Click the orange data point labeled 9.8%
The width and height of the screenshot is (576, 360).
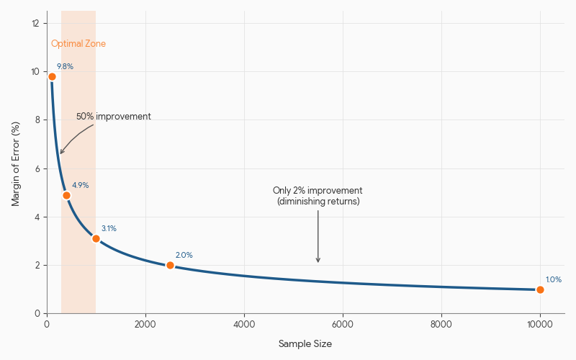(x=52, y=76)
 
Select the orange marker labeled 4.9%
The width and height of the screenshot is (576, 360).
(x=66, y=195)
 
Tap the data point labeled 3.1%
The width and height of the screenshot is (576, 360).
(x=96, y=238)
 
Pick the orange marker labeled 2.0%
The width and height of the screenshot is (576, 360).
(x=170, y=265)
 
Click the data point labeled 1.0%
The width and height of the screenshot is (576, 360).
(x=540, y=289)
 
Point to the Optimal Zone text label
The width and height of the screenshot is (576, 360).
(x=78, y=44)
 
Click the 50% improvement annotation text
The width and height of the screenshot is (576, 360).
(x=114, y=117)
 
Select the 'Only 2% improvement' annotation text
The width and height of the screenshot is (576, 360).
(x=318, y=191)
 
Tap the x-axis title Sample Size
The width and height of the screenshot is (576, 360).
(x=305, y=344)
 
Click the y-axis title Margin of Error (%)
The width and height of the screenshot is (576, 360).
(x=16, y=163)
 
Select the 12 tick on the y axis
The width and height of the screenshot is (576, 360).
(x=35, y=23)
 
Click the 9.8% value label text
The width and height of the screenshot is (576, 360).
(x=65, y=66)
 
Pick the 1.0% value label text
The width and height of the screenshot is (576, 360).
(x=553, y=279)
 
